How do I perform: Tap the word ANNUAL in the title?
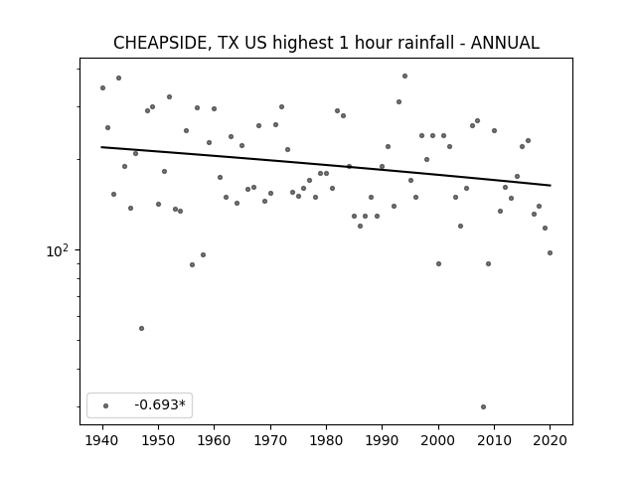pyautogui.click(x=505, y=43)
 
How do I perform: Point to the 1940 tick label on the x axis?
pyautogui.click(x=102, y=440)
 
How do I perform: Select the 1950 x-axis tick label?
pyautogui.click(x=158, y=440)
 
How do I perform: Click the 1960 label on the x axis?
pyautogui.click(x=215, y=440)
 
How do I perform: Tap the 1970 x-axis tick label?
pyautogui.click(x=270, y=440)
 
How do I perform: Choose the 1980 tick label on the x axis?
pyautogui.click(x=327, y=440)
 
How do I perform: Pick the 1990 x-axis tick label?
pyautogui.click(x=382, y=440)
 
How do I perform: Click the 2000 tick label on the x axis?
pyautogui.click(x=438, y=440)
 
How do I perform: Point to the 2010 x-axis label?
pyautogui.click(x=494, y=440)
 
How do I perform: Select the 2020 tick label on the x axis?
pyautogui.click(x=550, y=440)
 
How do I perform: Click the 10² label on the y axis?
pyautogui.click(x=58, y=251)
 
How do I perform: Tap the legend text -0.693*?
pyautogui.click(x=160, y=404)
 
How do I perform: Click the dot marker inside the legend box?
pyautogui.click(x=105, y=405)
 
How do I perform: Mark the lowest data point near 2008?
pyautogui.click(x=483, y=406)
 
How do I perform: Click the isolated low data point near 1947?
pyautogui.click(x=141, y=329)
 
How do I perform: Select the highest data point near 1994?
pyautogui.click(x=404, y=77)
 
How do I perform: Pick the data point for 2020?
pyautogui.click(x=550, y=253)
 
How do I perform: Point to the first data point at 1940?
pyautogui.click(x=102, y=88)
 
